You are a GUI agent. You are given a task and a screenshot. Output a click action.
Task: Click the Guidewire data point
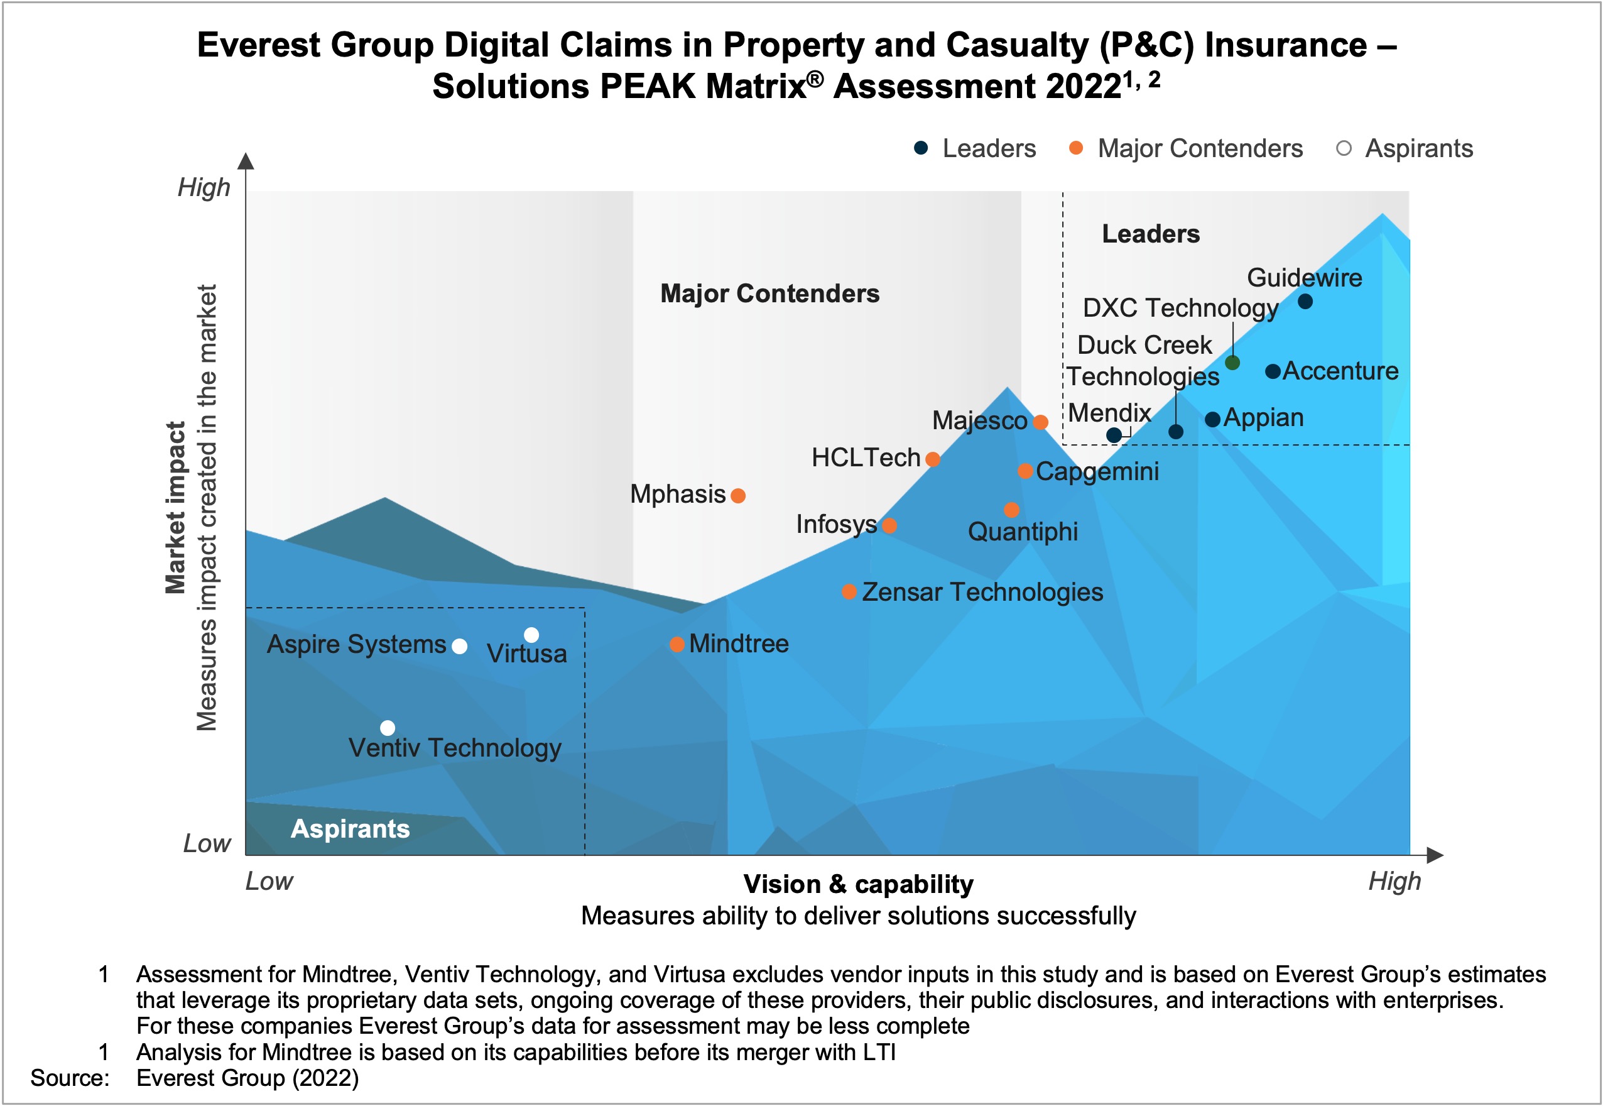(1305, 302)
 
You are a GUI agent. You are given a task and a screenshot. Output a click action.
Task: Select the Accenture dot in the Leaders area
(1273, 371)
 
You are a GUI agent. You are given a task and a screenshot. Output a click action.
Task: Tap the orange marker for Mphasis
(738, 495)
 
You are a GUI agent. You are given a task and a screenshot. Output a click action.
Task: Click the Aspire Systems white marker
(459, 647)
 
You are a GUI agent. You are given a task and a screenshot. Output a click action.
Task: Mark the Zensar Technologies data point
(849, 592)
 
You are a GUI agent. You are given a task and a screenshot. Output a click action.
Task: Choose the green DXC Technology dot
(1232, 363)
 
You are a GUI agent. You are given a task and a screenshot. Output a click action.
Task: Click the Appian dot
(1212, 419)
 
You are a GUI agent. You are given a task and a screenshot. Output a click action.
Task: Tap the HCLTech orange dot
(932, 459)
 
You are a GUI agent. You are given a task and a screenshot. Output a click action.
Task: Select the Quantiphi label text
(1023, 532)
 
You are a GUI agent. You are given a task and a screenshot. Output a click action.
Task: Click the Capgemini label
(1097, 472)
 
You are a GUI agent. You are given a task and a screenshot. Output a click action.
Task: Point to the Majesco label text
(979, 420)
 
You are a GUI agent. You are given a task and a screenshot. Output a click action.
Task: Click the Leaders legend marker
(921, 148)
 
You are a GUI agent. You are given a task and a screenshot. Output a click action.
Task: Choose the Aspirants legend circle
(1343, 148)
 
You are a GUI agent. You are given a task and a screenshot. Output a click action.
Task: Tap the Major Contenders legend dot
(1076, 148)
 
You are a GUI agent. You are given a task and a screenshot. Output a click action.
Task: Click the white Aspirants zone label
(350, 829)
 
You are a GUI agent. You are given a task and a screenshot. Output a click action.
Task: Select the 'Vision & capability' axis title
(858, 884)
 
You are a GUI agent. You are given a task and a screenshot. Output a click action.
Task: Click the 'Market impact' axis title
(175, 507)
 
